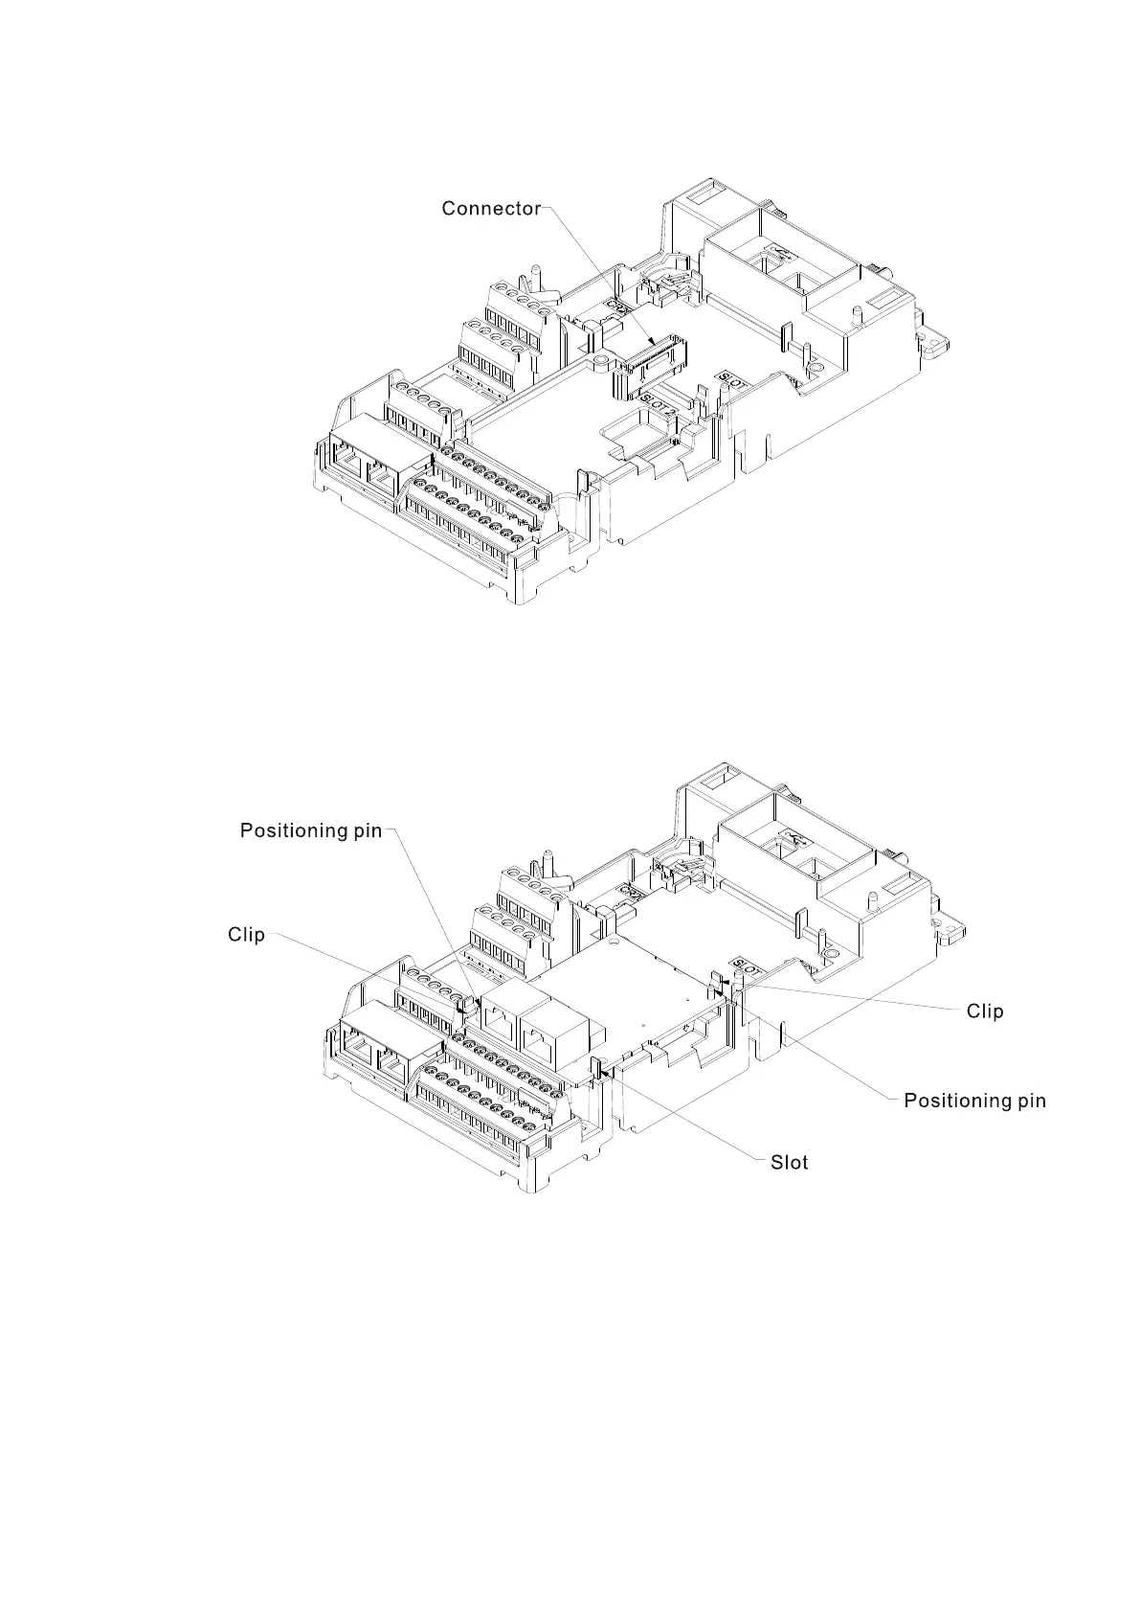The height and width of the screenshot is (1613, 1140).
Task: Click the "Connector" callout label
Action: [491, 209]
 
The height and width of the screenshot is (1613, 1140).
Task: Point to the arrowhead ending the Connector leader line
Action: [654, 344]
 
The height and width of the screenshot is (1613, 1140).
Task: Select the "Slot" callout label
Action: [790, 1162]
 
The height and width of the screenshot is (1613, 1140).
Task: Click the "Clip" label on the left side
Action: [246, 934]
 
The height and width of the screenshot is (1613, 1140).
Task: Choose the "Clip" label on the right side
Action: [985, 1011]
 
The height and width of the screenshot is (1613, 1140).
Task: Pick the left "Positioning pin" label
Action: [310, 830]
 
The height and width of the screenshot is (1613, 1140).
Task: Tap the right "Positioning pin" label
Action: [974, 1101]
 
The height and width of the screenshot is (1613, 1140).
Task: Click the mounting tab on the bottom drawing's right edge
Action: [951, 927]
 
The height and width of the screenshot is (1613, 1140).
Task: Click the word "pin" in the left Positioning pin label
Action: [368, 830]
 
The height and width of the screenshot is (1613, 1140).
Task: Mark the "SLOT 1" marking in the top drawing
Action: [732, 380]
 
